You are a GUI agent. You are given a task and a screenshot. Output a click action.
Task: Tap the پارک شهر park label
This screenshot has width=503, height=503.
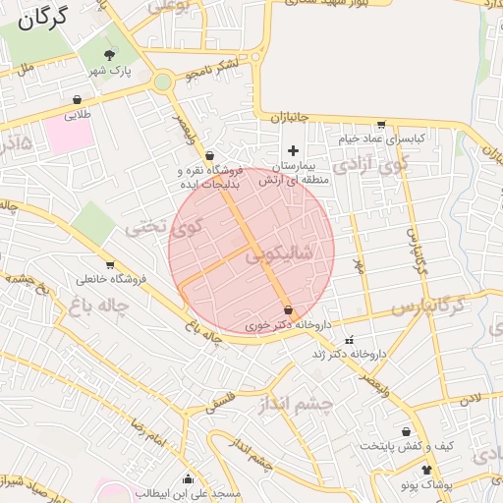[108, 72]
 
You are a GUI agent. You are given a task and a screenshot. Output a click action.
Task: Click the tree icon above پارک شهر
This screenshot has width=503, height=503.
[109, 55]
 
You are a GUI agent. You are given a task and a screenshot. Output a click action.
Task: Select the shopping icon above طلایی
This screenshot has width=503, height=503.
[78, 99]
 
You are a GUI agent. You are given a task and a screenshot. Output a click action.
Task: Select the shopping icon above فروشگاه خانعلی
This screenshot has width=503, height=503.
[109, 264]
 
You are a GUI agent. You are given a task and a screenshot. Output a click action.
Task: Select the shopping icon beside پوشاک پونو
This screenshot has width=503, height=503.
[425, 470]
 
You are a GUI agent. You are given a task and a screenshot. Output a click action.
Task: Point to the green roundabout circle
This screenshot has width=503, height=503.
[162, 83]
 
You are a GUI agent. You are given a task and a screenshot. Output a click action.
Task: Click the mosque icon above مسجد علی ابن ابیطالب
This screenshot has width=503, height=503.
[188, 478]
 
